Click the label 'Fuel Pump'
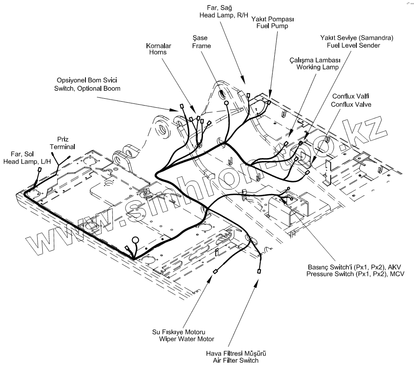[272, 26]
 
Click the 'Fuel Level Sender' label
[353, 45]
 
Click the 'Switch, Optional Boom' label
[87, 88]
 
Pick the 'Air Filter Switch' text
[236, 361]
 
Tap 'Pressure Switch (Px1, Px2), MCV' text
[355, 273]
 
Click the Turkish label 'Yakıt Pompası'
[272, 20]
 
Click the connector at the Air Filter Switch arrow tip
[259, 271]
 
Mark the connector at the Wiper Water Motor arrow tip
[215, 271]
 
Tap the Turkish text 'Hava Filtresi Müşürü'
[236, 354]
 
